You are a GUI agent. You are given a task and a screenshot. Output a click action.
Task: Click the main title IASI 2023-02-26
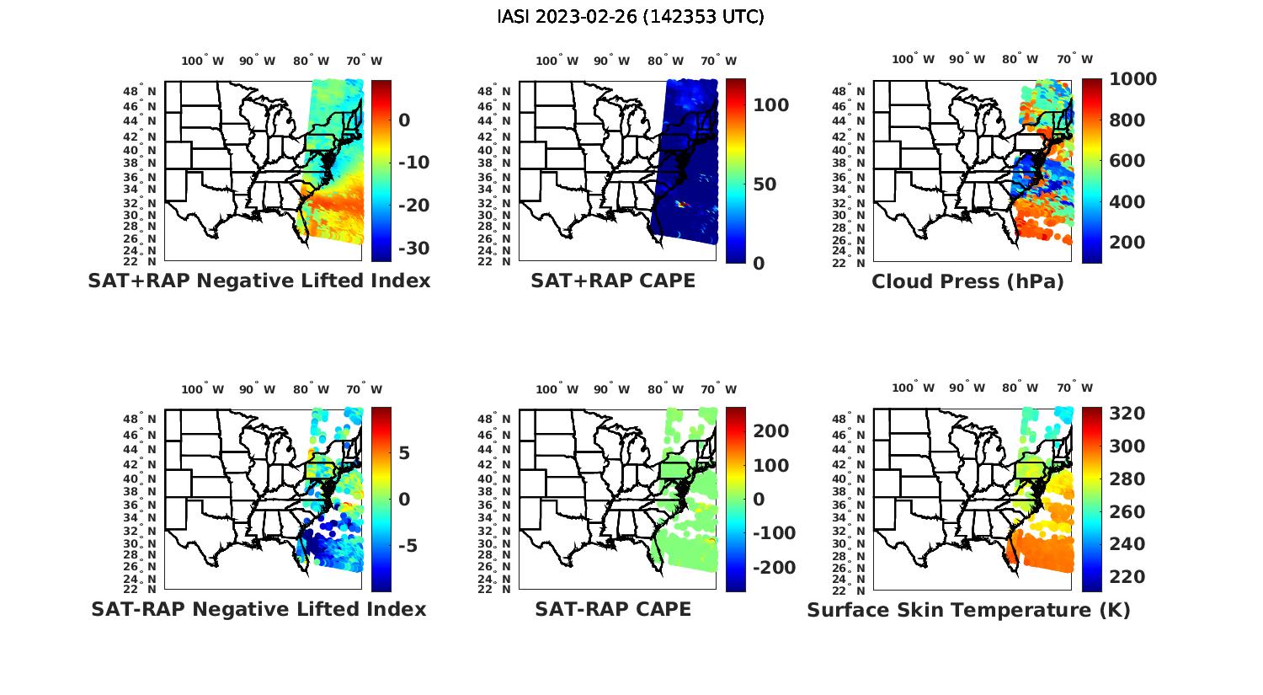(x=631, y=17)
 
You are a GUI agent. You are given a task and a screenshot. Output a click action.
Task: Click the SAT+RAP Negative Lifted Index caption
(x=258, y=281)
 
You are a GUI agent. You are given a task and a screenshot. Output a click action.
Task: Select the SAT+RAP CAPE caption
(x=613, y=281)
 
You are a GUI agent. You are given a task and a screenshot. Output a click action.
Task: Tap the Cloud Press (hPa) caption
(x=967, y=281)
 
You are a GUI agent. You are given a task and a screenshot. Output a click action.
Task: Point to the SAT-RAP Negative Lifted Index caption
(x=258, y=609)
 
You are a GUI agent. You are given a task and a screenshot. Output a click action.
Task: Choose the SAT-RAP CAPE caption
(x=613, y=609)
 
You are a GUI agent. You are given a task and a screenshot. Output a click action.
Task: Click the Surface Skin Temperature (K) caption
(x=968, y=610)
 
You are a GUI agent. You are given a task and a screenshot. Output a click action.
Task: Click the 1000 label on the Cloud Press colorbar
(x=1132, y=79)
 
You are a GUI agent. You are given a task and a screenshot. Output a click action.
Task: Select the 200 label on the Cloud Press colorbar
(x=1127, y=243)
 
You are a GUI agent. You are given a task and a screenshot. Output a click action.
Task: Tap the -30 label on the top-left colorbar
(x=412, y=249)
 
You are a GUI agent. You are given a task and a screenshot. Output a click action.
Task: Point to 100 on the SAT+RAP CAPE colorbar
(x=770, y=105)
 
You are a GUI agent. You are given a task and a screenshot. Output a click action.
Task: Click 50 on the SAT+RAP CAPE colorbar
(x=765, y=184)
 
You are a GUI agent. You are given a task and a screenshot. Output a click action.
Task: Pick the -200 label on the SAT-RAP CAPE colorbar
(x=774, y=568)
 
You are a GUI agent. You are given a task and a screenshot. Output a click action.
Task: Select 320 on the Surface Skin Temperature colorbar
(x=1127, y=414)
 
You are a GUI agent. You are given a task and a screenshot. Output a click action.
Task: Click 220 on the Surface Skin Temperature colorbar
(x=1127, y=577)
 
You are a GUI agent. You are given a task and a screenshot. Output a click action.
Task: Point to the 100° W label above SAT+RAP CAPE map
(x=557, y=61)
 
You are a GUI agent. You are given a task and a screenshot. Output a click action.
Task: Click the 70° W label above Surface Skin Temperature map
(x=1074, y=388)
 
